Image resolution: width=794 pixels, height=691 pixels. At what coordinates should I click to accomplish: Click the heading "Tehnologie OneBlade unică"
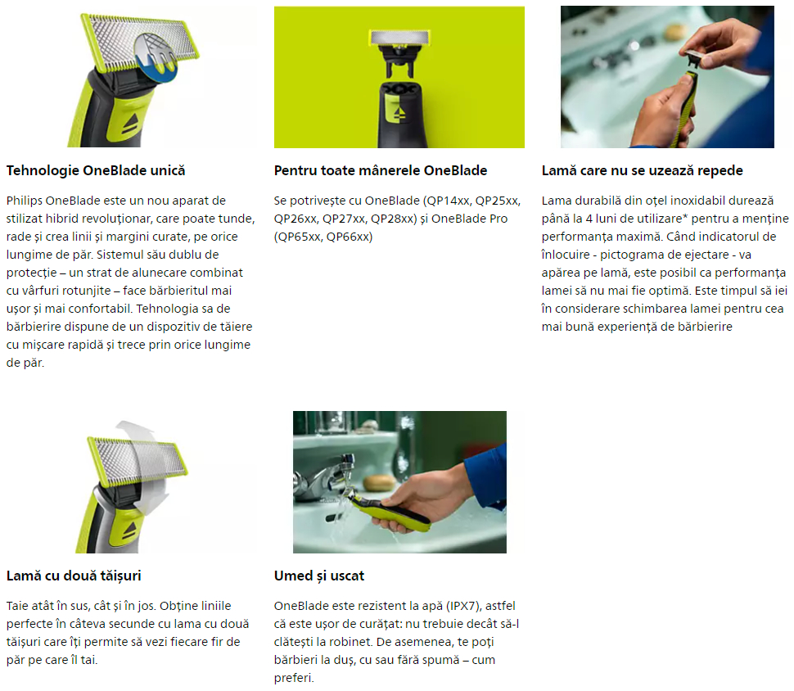96,171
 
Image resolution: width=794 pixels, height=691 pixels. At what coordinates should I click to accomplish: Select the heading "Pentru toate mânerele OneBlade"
381,171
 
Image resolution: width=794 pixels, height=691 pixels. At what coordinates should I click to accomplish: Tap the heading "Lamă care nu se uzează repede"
642,171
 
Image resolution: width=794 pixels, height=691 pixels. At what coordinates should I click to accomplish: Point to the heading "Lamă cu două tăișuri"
74,576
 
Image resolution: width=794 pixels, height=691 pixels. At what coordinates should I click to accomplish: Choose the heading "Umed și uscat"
319,576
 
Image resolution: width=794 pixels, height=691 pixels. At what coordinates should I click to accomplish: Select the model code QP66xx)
350,237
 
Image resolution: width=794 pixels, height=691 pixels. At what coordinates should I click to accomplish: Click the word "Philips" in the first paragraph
25,201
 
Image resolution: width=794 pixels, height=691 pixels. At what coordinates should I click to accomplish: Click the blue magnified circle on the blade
156,57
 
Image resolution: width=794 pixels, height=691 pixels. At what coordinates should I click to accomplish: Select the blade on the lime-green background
399,37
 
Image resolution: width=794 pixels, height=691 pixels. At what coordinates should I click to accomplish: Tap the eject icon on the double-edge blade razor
130,530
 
